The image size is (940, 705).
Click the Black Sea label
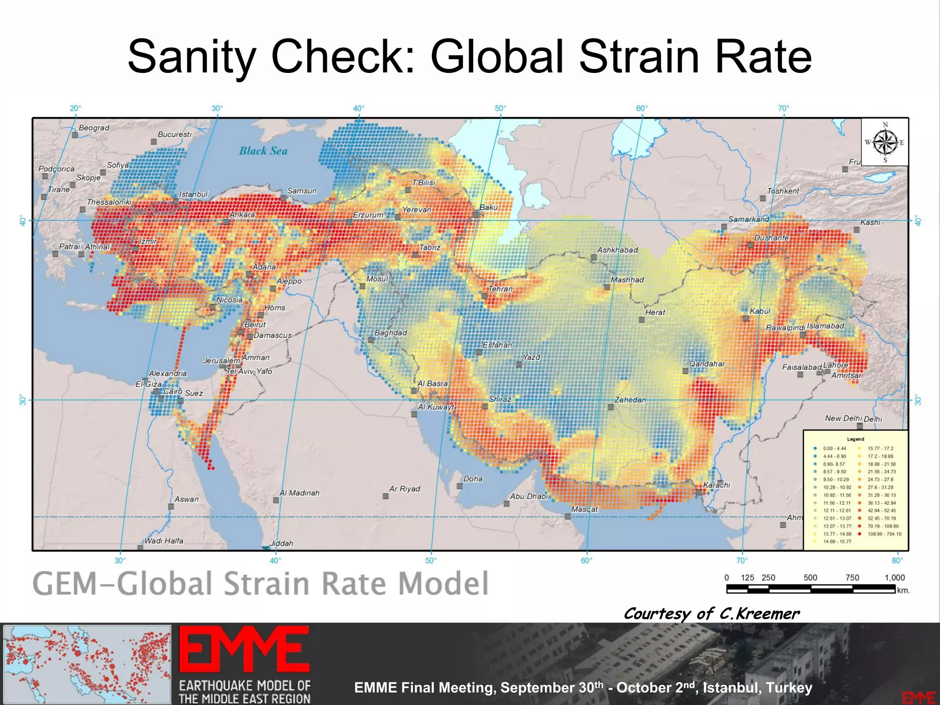point(263,151)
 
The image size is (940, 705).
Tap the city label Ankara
point(242,215)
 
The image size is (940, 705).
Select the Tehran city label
point(500,289)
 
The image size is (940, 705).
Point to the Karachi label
point(716,485)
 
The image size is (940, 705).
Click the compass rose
point(885,142)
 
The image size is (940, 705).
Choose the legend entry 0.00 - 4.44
point(834,448)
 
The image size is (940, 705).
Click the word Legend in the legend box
point(856,439)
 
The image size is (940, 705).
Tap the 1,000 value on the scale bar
point(895,578)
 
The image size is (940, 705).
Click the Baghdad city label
point(391,332)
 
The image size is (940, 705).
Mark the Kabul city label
point(760,311)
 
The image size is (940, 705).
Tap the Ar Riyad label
point(404,489)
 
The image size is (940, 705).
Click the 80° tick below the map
point(897,560)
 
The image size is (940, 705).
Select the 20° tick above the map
point(75,108)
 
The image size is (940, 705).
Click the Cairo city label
point(173,391)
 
